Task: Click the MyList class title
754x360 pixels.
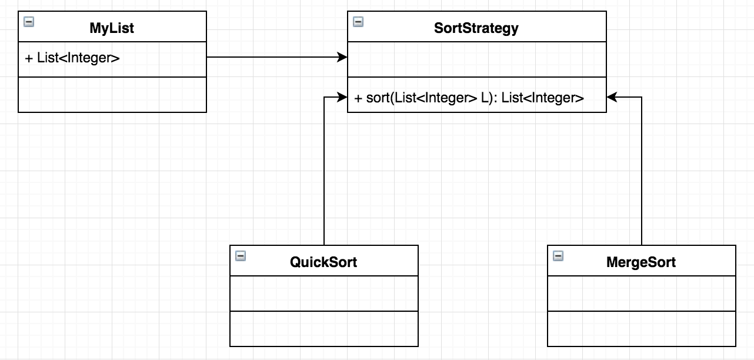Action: (x=112, y=28)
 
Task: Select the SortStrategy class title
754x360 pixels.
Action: (x=476, y=28)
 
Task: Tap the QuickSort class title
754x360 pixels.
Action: (x=323, y=262)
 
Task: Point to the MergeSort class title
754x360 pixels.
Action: (x=641, y=262)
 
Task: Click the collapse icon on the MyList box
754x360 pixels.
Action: (x=28, y=22)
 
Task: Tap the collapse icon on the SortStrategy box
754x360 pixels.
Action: (x=358, y=22)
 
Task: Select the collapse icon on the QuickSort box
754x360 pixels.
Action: (x=240, y=256)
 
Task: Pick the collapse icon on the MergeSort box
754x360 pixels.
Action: (x=558, y=256)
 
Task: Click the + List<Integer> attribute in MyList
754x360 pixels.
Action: (x=72, y=58)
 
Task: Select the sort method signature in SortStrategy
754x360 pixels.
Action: (x=469, y=98)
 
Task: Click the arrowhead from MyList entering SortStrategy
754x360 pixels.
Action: (x=342, y=57)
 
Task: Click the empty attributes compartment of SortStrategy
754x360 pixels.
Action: (x=476, y=59)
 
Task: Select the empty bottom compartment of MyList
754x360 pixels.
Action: (x=112, y=95)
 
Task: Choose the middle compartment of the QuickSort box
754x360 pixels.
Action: (x=323, y=294)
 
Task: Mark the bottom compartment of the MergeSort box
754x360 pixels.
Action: (x=641, y=329)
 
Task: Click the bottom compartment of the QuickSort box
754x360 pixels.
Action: (x=323, y=329)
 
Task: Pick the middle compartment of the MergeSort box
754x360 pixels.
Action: (x=641, y=294)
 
